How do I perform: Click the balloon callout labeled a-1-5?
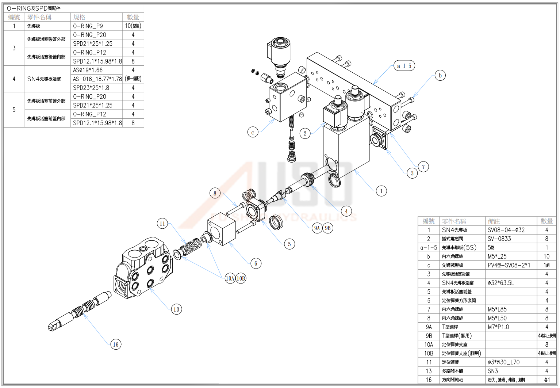point(404,66)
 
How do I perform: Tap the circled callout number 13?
point(176,309)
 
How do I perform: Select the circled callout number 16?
point(116,344)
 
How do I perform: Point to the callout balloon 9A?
point(317,228)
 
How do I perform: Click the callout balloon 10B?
point(241,278)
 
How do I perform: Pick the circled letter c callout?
point(253,132)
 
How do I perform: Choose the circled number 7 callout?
point(423,167)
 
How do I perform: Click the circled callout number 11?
point(162,224)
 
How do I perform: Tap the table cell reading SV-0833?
point(499,239)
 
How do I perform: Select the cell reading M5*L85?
point(497,309)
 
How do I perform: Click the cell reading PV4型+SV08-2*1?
point(509,265)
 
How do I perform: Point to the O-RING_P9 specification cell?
point(88,26)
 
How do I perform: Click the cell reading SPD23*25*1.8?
point(91,88)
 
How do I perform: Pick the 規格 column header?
point(79,17)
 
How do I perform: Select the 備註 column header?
point(494,221)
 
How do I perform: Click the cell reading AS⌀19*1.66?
point(88,70)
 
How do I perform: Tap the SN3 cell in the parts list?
point(493,371)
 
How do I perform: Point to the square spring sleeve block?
point(222,228)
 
